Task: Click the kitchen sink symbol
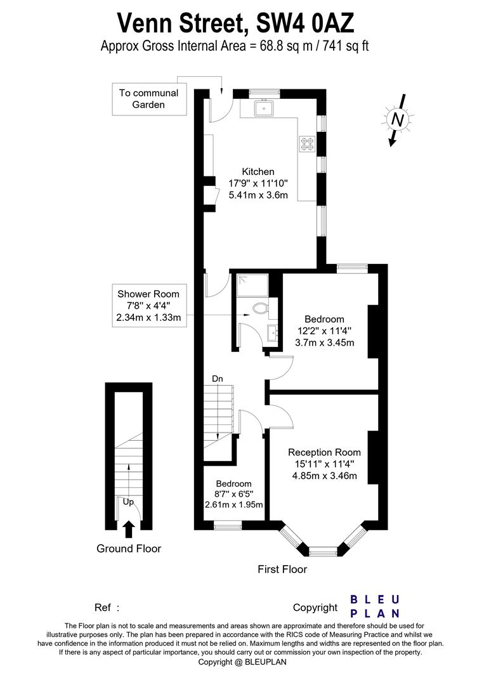click(264, 108)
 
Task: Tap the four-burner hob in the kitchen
click(306, 144)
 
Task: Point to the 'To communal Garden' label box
click(149, 99)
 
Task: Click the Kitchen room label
click(258, 172)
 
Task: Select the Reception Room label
click(324, 452)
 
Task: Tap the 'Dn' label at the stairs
click(217, 379)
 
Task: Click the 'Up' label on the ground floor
click(128, 502)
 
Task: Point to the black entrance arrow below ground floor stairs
click(128, 529)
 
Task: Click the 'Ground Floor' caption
click(129, 549)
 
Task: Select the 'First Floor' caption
click(282, 569)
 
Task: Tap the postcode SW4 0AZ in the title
click(305, 23)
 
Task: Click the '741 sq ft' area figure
click(346, 46)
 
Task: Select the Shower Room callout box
click(148, 306)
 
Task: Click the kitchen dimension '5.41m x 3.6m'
click(258, 195)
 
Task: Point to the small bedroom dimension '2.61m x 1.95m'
click(234, 505)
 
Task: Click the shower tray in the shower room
click(252, 286)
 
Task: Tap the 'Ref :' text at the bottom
click(107, 608)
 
